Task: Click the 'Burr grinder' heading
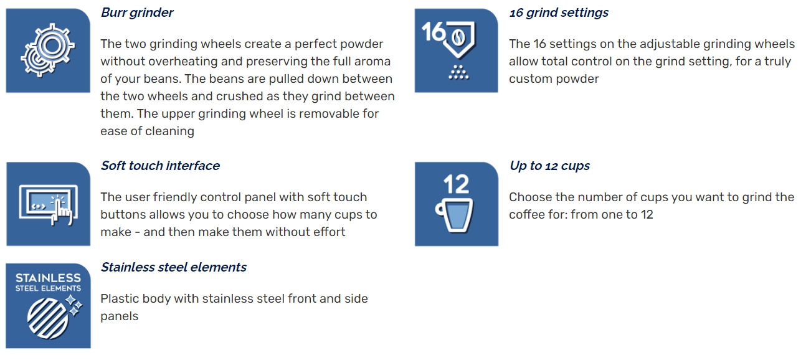(137, 12)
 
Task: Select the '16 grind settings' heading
(559, 12)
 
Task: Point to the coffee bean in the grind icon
(458, 37)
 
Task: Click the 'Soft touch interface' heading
(160, 166)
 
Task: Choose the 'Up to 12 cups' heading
(549, 166)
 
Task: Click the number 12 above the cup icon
(456, 184)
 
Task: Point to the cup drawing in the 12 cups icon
(455, 215)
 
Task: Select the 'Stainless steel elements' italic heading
(173, 267)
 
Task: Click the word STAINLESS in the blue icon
(48, 278)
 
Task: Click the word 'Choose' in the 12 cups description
(529, 197)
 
